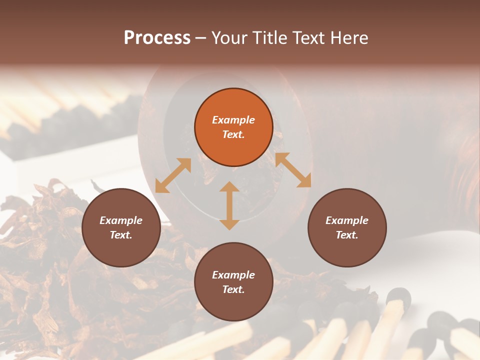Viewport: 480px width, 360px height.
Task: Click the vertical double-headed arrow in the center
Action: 229,206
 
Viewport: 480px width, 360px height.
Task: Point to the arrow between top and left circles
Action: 173,175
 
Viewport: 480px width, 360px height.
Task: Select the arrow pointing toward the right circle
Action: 293,170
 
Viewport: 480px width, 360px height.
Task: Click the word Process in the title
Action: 157,38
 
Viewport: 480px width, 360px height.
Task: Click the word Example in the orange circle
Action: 233,120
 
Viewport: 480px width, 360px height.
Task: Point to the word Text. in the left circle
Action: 121,235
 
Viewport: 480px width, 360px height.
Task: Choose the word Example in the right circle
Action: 347,220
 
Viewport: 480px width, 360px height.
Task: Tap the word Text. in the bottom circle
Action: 233,289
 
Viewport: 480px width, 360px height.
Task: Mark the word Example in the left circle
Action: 121,220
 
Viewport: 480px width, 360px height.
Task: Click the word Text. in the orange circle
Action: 233,134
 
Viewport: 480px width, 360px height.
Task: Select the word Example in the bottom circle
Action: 233,275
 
